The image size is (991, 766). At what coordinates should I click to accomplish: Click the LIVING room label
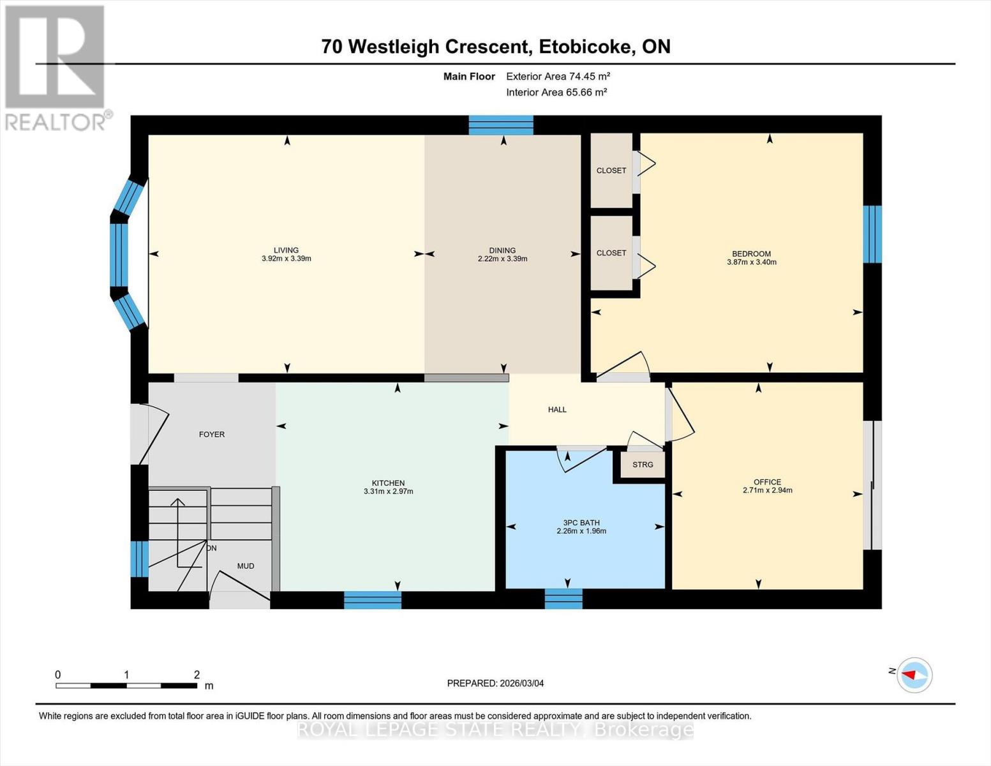click(x=286, y=250)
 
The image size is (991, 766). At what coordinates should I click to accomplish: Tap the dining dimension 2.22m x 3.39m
click(x=502, y=259)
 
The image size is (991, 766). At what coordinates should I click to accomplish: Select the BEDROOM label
click(x=751, y=253)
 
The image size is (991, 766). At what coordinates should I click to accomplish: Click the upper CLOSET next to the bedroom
click(x=611, y=170)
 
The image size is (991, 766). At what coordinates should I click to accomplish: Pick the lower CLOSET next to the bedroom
click(x=611, y=253)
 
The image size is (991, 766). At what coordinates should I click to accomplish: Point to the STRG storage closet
click(x=643, y=465)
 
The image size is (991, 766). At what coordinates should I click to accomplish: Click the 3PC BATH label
click(x=581, y=523)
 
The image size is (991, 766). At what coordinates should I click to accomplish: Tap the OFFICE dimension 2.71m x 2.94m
click(x=767, y=491)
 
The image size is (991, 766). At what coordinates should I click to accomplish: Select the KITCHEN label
click(x=388, y=483)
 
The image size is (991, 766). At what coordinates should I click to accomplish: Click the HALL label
click(x=557, y=410)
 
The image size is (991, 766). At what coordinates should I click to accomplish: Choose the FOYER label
click(x=212, y=434)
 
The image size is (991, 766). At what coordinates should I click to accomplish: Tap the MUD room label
click(x=246, y=566)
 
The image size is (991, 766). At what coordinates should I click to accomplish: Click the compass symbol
click(x=914, y=675)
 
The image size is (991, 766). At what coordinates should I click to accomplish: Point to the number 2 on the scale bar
click(x=197, y=675)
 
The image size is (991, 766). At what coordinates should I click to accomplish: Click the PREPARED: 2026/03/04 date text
click(x=495, y=683)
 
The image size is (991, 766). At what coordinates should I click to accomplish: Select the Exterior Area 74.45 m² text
click(x=558, y=76)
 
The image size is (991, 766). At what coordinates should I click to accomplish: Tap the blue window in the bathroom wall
click(x=563, y=599)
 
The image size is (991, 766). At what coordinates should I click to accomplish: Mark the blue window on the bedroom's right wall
click(x=872, y=234)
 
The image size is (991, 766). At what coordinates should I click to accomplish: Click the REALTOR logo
click(x=56, y=67)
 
